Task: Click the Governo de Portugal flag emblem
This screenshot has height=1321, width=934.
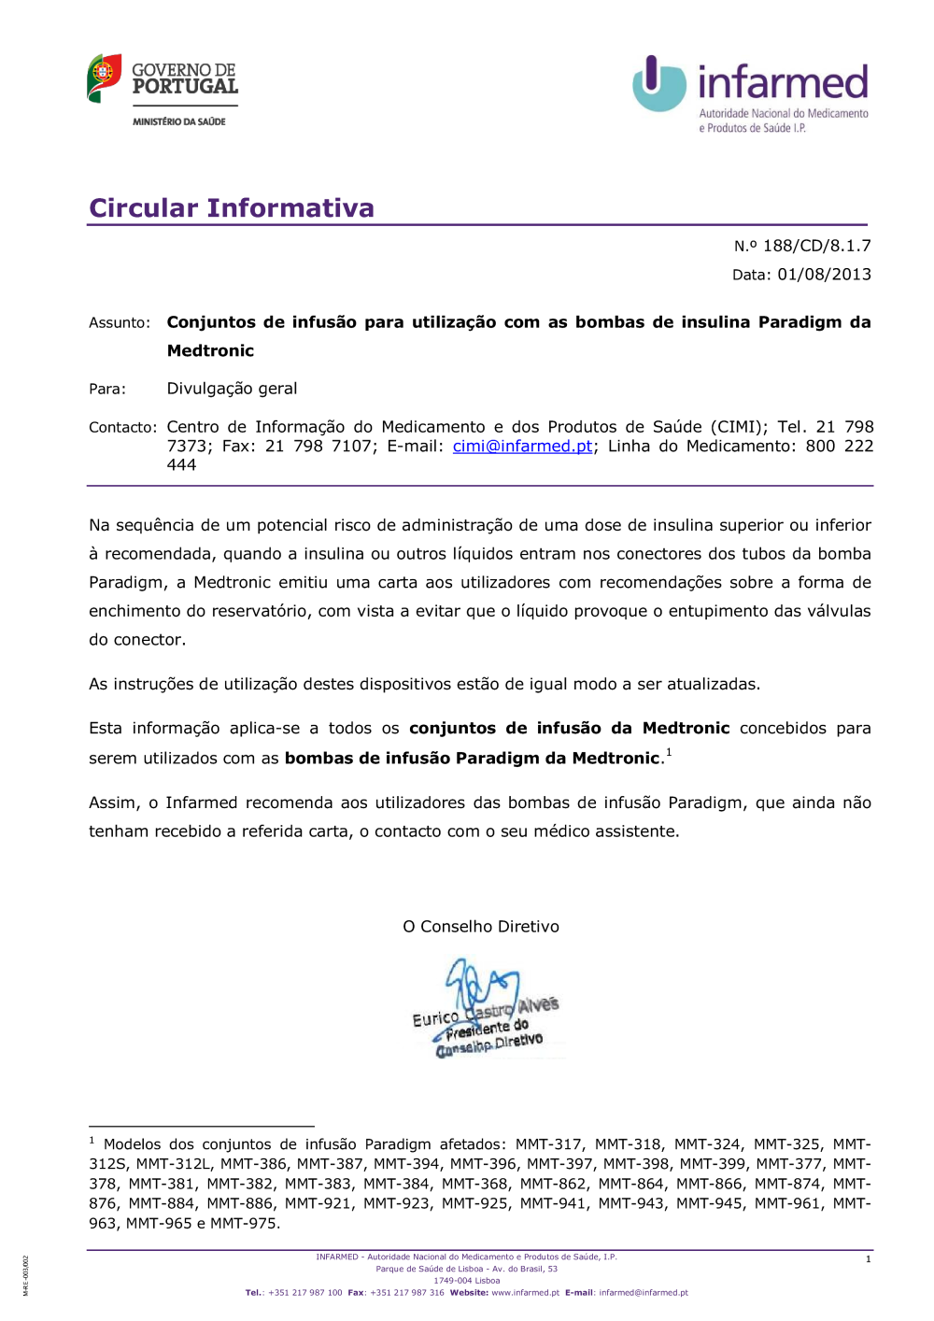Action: pos(105,78)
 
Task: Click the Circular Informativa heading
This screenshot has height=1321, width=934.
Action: pos(232,207)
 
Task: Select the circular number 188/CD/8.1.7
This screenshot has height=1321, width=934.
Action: pos(816,246)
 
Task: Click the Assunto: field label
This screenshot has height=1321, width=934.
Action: pos(120,323)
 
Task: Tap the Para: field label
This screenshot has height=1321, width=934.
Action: pos(107,389)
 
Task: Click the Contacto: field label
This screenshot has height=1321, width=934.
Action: pos(122,428)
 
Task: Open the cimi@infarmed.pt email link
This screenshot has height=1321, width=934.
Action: pos(522,447)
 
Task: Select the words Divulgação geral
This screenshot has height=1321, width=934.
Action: pos(232,389)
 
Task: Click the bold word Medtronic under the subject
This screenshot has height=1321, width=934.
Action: pos(210,351)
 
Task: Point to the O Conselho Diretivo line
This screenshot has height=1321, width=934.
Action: pos(481,927)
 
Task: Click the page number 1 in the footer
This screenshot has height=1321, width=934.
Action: pos(868,1259)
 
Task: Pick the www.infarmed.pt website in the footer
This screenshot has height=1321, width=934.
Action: pos(525,1293)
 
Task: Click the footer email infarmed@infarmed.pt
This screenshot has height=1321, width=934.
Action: pos(644,1293)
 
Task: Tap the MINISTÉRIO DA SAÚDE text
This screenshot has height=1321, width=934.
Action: pos(179,121)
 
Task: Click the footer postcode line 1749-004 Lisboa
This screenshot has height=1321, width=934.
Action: pos(466,1281)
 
